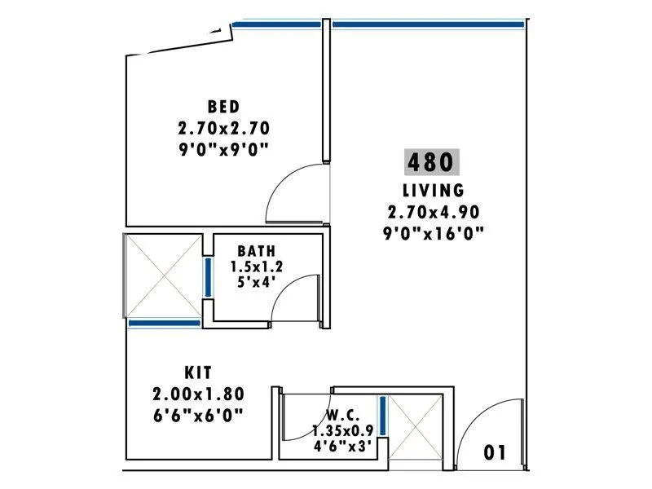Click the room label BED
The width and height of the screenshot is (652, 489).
(223, 107)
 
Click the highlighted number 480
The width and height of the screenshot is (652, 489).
(433, 162)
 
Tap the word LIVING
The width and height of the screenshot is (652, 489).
(433, 191)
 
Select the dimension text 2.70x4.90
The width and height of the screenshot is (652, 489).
(433, 212)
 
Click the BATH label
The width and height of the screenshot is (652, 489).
(257, 251)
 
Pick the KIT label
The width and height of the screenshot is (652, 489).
(198, 373)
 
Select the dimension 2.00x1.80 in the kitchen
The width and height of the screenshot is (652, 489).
(198, 394)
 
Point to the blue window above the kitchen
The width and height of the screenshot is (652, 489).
(165, 324)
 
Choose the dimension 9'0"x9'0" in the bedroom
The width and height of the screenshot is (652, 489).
(223, 148)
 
